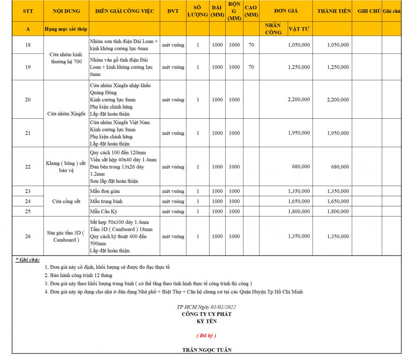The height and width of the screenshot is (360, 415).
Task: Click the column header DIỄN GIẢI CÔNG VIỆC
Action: point(124,11)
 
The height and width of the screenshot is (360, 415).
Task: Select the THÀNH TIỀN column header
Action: point(334,11)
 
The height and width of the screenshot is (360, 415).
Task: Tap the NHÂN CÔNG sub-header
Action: point(273,29)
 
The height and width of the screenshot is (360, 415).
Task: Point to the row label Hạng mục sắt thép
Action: point(66,29)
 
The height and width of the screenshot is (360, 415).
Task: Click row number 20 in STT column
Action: point(28,100)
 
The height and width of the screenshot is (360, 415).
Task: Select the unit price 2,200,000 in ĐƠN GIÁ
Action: point(299,99)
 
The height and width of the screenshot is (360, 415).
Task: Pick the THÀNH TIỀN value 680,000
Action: point(340,167)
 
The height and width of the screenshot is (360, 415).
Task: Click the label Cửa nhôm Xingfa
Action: point(66,114)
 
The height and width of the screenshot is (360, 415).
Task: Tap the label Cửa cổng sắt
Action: point(66,201)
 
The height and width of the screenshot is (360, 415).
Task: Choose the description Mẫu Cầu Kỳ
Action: point(103,212)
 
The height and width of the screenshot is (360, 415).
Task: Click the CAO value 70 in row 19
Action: point(251,67)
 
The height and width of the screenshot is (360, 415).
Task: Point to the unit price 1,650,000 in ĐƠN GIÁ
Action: point(299,201)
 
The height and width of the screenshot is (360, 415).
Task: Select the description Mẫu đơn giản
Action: point(105,191)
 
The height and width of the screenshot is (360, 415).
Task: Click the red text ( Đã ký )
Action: point(206,336)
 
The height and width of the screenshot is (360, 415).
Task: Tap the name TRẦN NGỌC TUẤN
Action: point(207,350)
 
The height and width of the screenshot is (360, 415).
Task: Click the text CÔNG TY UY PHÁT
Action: point(207,314)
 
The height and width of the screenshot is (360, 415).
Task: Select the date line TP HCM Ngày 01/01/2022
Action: point(207,307)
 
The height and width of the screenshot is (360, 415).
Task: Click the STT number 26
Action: point(28,236)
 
